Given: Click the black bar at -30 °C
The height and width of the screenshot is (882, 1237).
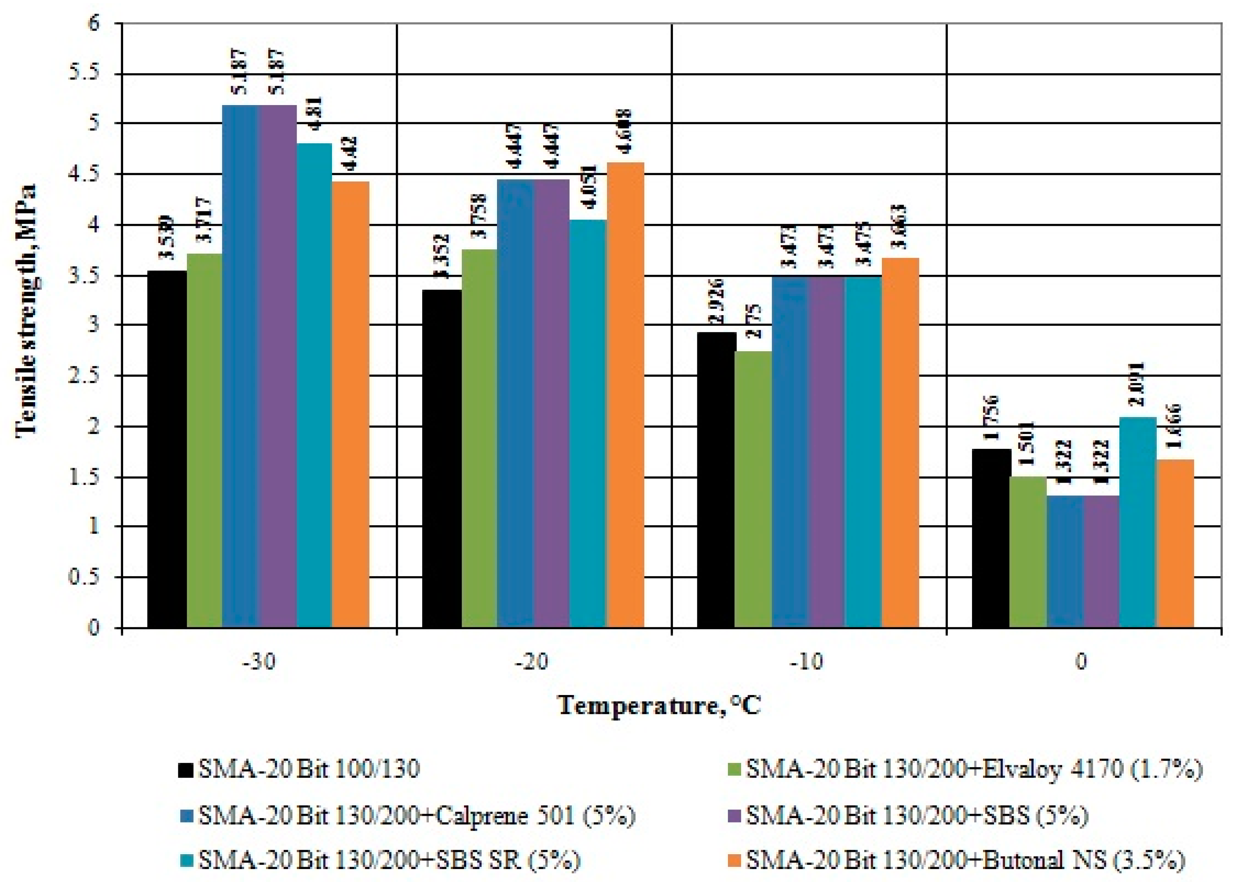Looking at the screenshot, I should pos(167,449).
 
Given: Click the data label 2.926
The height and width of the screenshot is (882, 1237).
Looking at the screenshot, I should pos(717,303).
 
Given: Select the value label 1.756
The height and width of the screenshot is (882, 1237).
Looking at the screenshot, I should pos(993,421).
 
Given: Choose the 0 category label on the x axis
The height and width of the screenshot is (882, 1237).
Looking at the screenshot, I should pos(1082,662).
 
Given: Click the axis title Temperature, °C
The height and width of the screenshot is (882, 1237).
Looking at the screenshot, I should pos(659,706).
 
